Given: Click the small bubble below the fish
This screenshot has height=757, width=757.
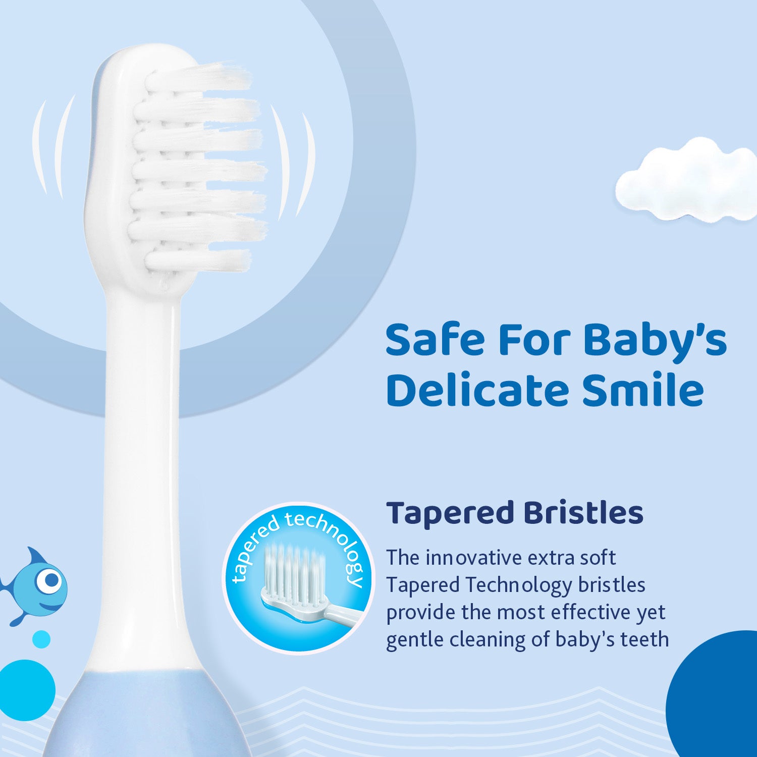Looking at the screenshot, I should coord(41,639).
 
